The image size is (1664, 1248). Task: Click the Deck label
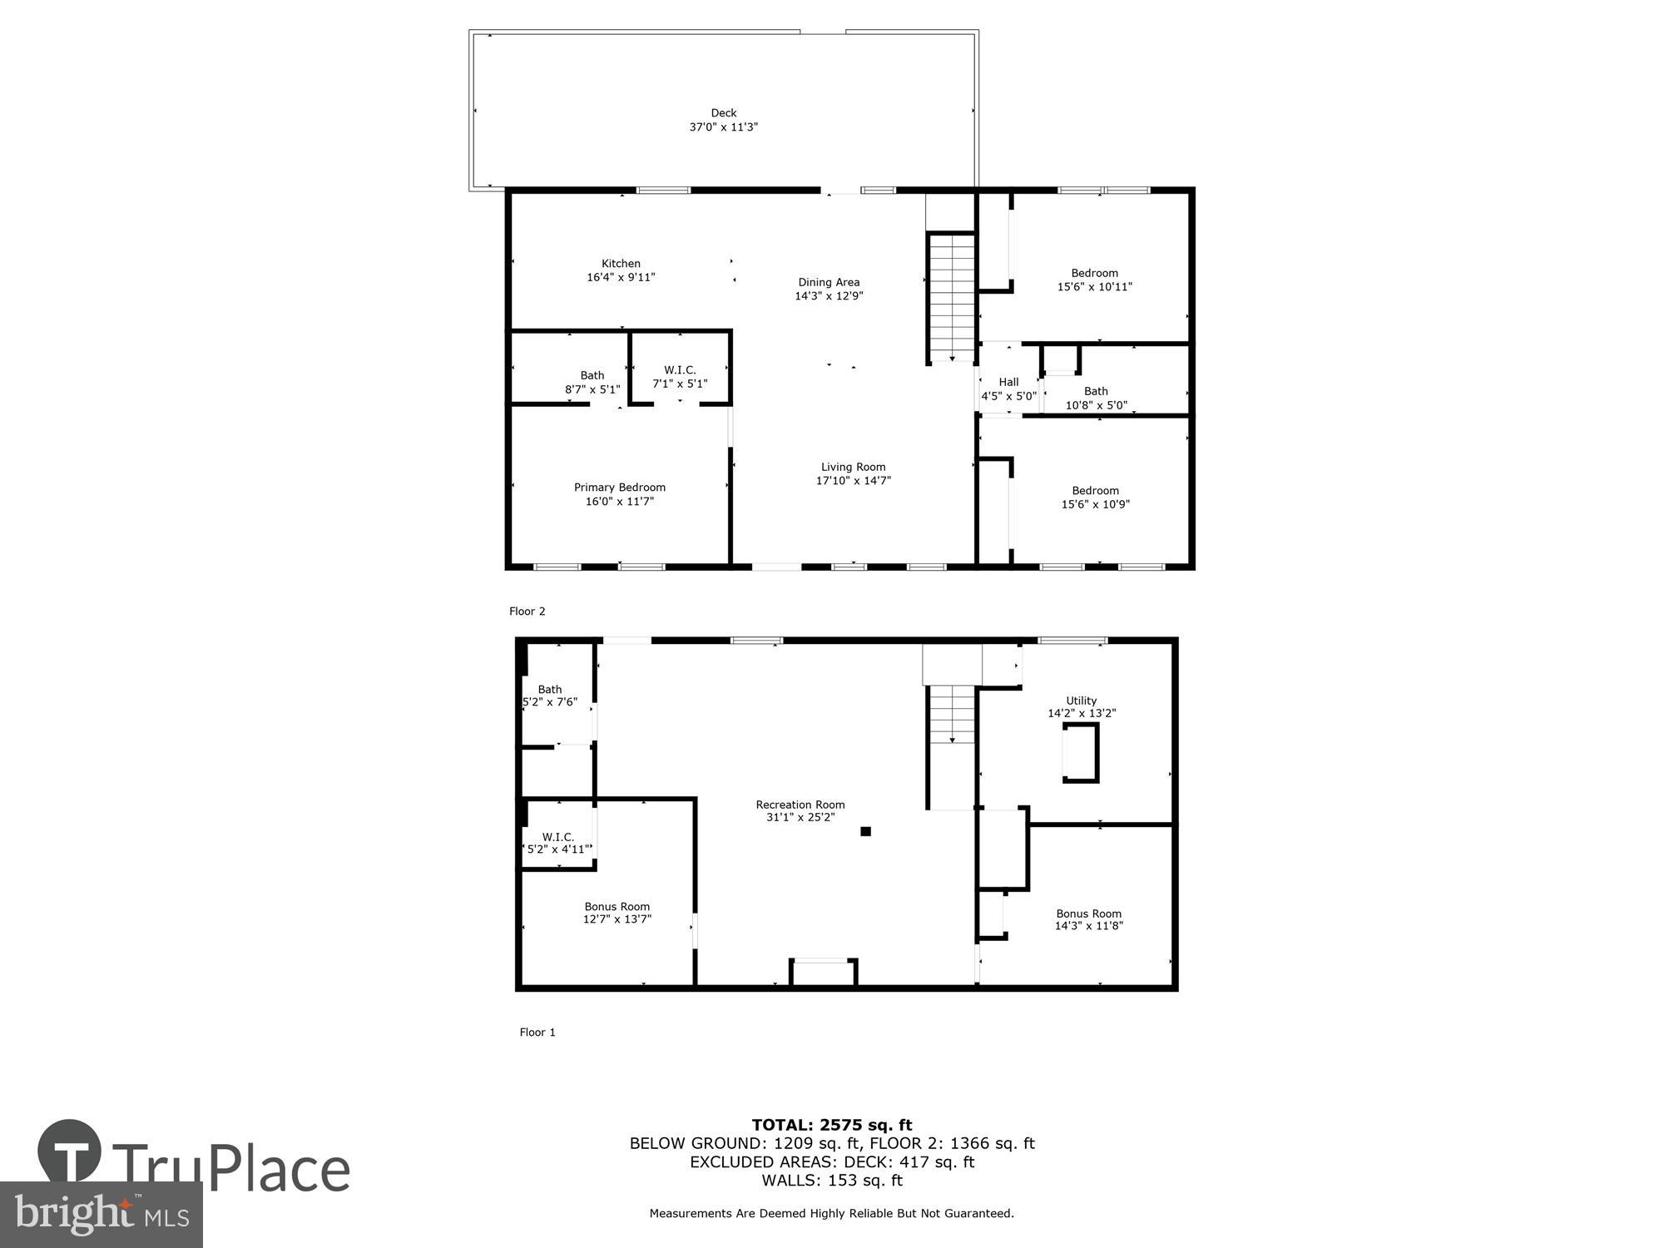723,113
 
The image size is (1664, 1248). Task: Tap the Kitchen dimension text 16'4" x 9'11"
621,278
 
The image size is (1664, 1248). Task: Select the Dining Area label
829,282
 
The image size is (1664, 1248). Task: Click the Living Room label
853,468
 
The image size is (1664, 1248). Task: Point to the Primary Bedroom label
619,488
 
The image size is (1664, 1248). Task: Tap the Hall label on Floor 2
1008,383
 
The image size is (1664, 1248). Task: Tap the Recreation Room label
800,805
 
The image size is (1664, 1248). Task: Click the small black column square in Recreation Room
865,831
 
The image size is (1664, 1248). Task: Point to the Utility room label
1081,701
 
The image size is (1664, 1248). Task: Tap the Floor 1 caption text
537,1033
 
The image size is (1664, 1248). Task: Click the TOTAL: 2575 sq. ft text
831,1125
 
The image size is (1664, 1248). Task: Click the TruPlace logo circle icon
70,1152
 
